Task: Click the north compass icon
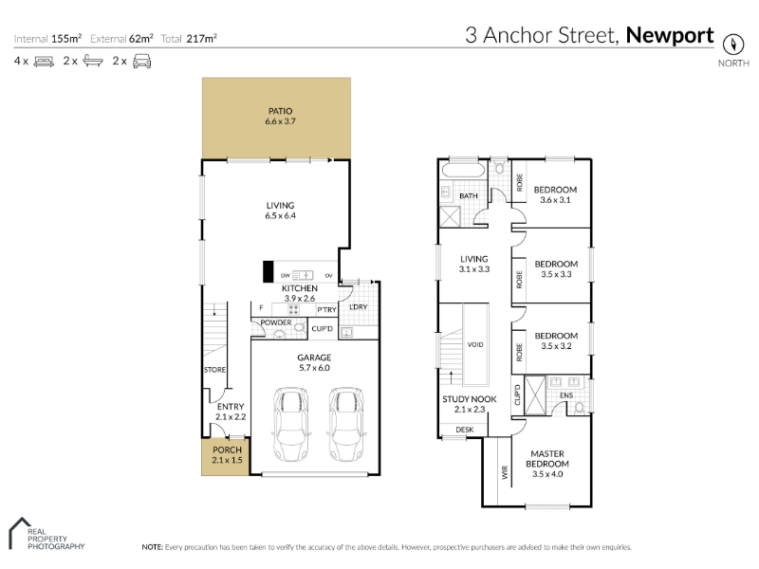tap(732, 45)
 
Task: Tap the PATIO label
tap(280, 111)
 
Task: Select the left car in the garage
tap(291, 424)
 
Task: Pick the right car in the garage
tap(346, 424)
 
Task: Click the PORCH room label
tap(227, 450)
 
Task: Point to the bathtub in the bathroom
tap(463, 171)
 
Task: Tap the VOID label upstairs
tap(475, 344)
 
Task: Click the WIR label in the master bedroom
tap(505, 471)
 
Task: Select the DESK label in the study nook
tap(465, 430)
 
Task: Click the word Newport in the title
tap(670, 35)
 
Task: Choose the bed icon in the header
tap(44, 62)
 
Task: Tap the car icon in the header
tap(141, 62)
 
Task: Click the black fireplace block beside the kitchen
tap(268, 271)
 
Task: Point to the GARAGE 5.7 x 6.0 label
tap(314, 362)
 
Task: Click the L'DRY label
tap(359, 306)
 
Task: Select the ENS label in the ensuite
tap(566, 395)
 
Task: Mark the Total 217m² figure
tap(189, 39)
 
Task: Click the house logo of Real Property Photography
tap(19, 533)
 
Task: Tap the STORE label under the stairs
tap(214, 370)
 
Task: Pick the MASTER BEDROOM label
tap(547, 459)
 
